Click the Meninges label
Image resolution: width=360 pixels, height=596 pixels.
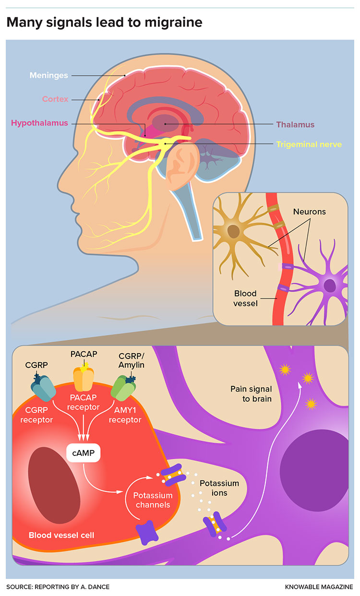(x=49, y=75)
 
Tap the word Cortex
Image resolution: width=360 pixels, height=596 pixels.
(x=55, y=99)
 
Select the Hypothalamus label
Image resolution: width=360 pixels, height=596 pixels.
(x=39, y=123)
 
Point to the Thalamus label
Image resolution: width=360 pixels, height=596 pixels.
(x=295, y=124)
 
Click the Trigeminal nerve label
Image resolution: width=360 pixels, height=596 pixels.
(x=308, y=143)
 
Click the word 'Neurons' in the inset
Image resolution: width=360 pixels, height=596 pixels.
(x=309, y=211)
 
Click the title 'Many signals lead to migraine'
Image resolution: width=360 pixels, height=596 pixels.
(x=104, y=22)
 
